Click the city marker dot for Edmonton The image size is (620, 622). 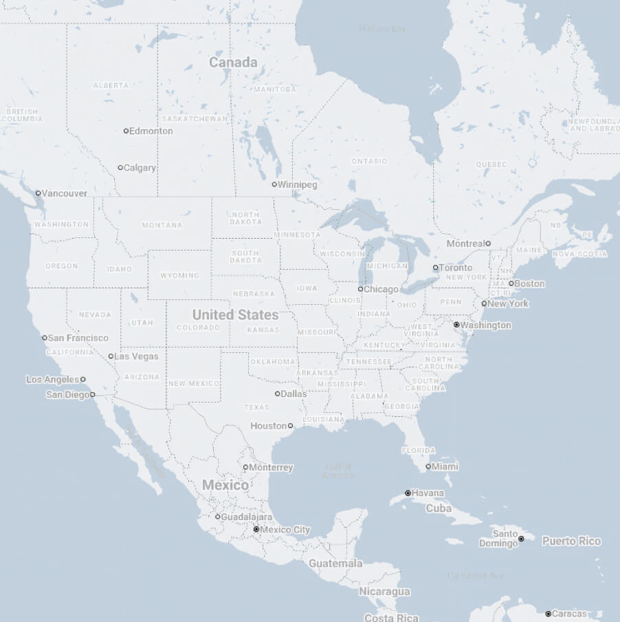click(126, 131)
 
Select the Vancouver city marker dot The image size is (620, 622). click(38, 193)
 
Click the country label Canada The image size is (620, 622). click(233, 63)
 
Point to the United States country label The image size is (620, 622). click(235, 315)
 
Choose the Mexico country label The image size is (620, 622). click(225, 485)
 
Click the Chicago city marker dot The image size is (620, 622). click(360, 289)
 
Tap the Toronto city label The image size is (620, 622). click(456, 268)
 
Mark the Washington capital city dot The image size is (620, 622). click(456, 324)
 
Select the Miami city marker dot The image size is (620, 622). click(428, 466)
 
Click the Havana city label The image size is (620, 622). click(428, 493)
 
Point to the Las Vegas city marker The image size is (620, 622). click(111, 356)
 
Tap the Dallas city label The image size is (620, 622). click(294, 394)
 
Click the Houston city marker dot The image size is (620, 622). click(290, 426)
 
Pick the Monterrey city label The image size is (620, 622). click(271, 467)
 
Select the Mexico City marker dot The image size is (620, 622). click(256, 530)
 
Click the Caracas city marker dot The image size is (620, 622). click(549, 613)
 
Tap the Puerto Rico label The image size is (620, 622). click(571, 541)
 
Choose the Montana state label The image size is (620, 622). click(162, 225)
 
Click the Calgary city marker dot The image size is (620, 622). click(120, 168)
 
